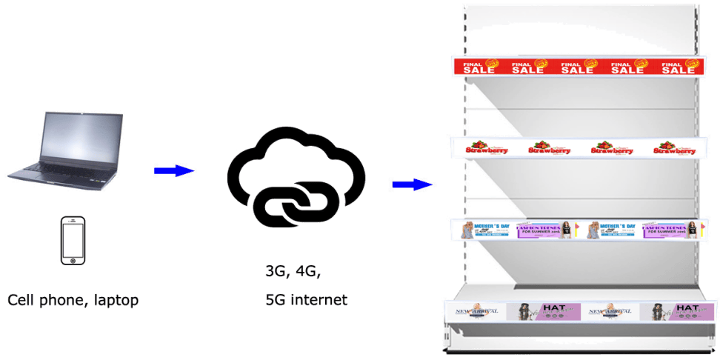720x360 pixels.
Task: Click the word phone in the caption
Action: coord(61,301)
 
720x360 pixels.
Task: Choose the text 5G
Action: coord(276,300)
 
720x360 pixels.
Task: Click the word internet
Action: coord(320,300)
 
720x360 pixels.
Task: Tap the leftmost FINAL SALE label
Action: coord(479,67)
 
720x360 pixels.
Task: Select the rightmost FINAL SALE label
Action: coord(678,68)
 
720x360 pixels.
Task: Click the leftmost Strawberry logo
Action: coord(487,149)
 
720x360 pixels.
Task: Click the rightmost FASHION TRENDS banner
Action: coord(670,230)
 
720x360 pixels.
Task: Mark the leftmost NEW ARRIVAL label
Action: coord(475,311)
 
